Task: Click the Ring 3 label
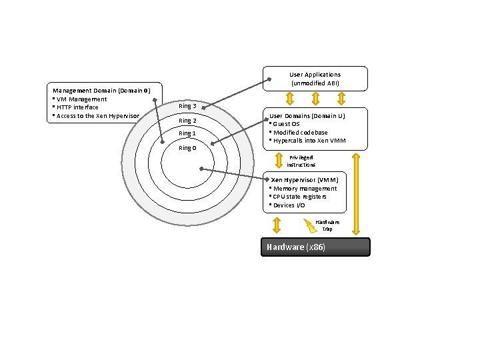click(187, 107)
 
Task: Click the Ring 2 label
click(187, 121)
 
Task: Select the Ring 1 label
click(187, 134)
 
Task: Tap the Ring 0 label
click(187, 148)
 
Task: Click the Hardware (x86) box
click(315, 247)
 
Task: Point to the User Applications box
click(315, 79)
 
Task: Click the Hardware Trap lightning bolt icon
click(310, 226)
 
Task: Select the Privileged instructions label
click(302, 161)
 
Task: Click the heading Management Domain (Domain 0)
click(102, 91)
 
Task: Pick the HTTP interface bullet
click(77, 107)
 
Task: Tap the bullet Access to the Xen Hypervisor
click(97, 116)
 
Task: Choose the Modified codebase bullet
click(300, 132)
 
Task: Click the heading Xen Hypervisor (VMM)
click(305, 180)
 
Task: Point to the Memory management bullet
click(304, 189)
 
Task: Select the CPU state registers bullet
click(299, 197)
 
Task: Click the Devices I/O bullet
click(289, 205)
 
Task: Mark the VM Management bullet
click(81, 99)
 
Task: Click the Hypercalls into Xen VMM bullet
click(308, 141)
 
